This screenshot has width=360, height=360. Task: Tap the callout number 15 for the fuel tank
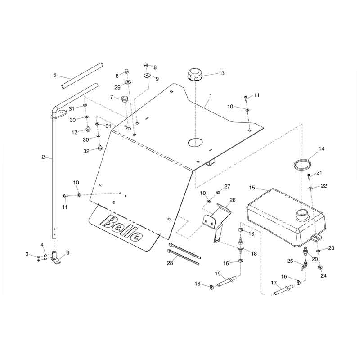click(252, 187)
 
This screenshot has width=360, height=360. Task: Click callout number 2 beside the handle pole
click(43, 157)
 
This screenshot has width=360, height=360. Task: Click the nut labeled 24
click(319, 267)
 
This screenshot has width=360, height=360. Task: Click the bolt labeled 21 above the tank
click(309, 175)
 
